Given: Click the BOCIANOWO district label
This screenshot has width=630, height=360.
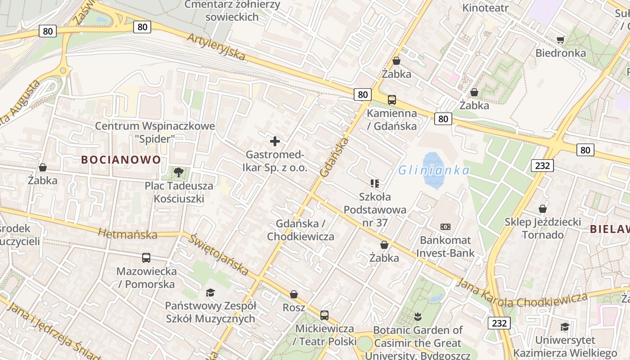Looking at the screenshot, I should (x=121, y=160).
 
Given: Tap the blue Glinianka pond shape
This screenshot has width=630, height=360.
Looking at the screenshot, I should (x=433, y=170).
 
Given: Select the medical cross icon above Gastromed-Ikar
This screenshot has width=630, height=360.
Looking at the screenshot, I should (x=274, y=141).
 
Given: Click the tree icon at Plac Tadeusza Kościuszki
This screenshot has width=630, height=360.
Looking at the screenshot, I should (x=179, y=172).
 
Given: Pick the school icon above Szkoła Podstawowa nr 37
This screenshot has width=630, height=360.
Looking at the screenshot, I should (x=374, y=183).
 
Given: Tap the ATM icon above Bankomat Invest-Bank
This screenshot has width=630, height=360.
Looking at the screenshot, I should (x=445, y=227).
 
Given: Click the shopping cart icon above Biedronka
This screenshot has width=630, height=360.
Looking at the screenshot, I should (x=561, y=40).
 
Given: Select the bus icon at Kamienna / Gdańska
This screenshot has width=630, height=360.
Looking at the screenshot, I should (x=392, y=100).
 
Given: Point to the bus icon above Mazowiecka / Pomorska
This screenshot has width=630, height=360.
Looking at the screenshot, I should (x=146, y=258).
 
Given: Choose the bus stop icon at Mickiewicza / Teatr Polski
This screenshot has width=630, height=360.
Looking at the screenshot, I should (x=324, y=315).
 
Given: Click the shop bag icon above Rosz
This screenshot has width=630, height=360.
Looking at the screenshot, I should (x=294, y=294).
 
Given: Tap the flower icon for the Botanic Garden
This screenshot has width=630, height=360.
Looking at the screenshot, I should (x=418, y=316).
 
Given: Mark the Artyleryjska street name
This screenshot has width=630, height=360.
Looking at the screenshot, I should (x=217, y=46).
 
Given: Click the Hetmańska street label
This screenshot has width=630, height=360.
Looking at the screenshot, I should (x=127, y=234).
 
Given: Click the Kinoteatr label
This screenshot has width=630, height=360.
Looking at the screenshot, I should (x=486, y=8).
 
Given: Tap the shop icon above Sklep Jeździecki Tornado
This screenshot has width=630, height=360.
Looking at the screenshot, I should (x=543, y=209).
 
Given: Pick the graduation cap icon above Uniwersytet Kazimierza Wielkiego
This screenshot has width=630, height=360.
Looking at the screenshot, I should (x=565, y=327).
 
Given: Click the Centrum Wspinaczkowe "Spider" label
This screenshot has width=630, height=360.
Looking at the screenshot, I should (x=155, y=132).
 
